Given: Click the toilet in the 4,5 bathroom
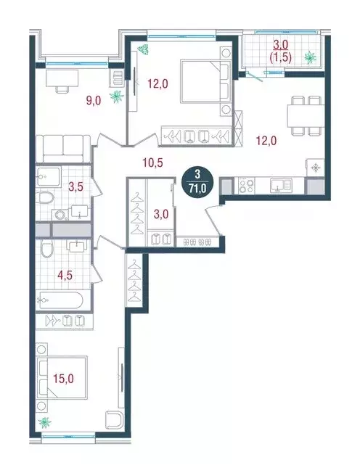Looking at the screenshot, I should (x=46, y=251).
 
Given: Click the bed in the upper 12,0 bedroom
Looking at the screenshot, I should (x=206, y=83).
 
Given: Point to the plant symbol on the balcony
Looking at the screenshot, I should (x=310, y=56).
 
